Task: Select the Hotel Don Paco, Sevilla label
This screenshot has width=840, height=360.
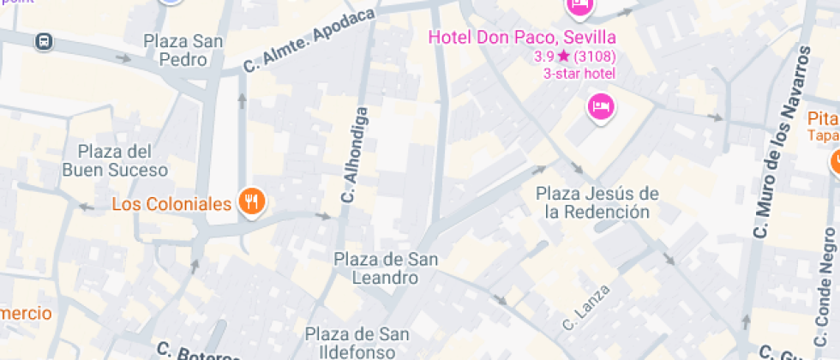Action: [x=521, y=38]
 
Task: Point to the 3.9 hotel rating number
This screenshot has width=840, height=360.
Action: [x=543, y=57]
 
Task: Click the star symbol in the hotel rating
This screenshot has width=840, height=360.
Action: [x=563, y=57]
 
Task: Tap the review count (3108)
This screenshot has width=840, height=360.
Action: [x=595, y=57]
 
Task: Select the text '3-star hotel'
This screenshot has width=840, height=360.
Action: [x=579, y=74]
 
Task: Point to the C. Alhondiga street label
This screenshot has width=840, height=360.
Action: [x=354, y=155]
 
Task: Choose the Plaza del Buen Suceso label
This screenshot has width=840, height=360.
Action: [x=114, y=160]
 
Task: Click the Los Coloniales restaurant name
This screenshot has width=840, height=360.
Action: [x=172, y=204]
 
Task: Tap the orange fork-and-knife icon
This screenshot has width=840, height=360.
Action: [x=251, y=202]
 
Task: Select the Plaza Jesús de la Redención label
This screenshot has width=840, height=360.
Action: [x=597, y=202]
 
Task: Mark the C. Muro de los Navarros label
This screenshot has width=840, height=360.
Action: [x=781, y=141]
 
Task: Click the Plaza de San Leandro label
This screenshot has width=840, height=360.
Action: [x=386, y=267]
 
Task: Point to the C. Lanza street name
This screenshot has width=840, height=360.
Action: [x=587, y=309]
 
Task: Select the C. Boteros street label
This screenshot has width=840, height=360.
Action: [x=197, y=352]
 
